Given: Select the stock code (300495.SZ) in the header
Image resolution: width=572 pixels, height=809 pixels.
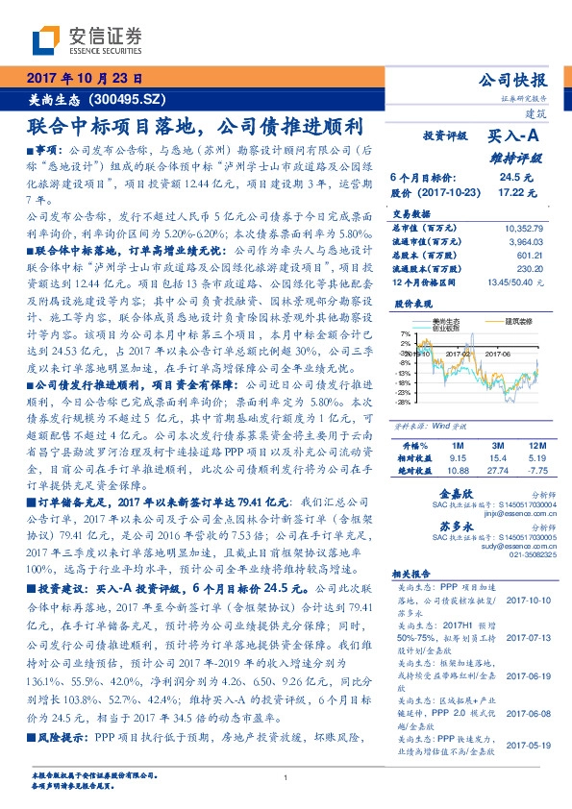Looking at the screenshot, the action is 126,98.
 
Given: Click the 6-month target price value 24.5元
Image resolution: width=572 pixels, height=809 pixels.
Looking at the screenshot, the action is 510,178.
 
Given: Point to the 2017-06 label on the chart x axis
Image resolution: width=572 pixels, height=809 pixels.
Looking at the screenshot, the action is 500,354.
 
